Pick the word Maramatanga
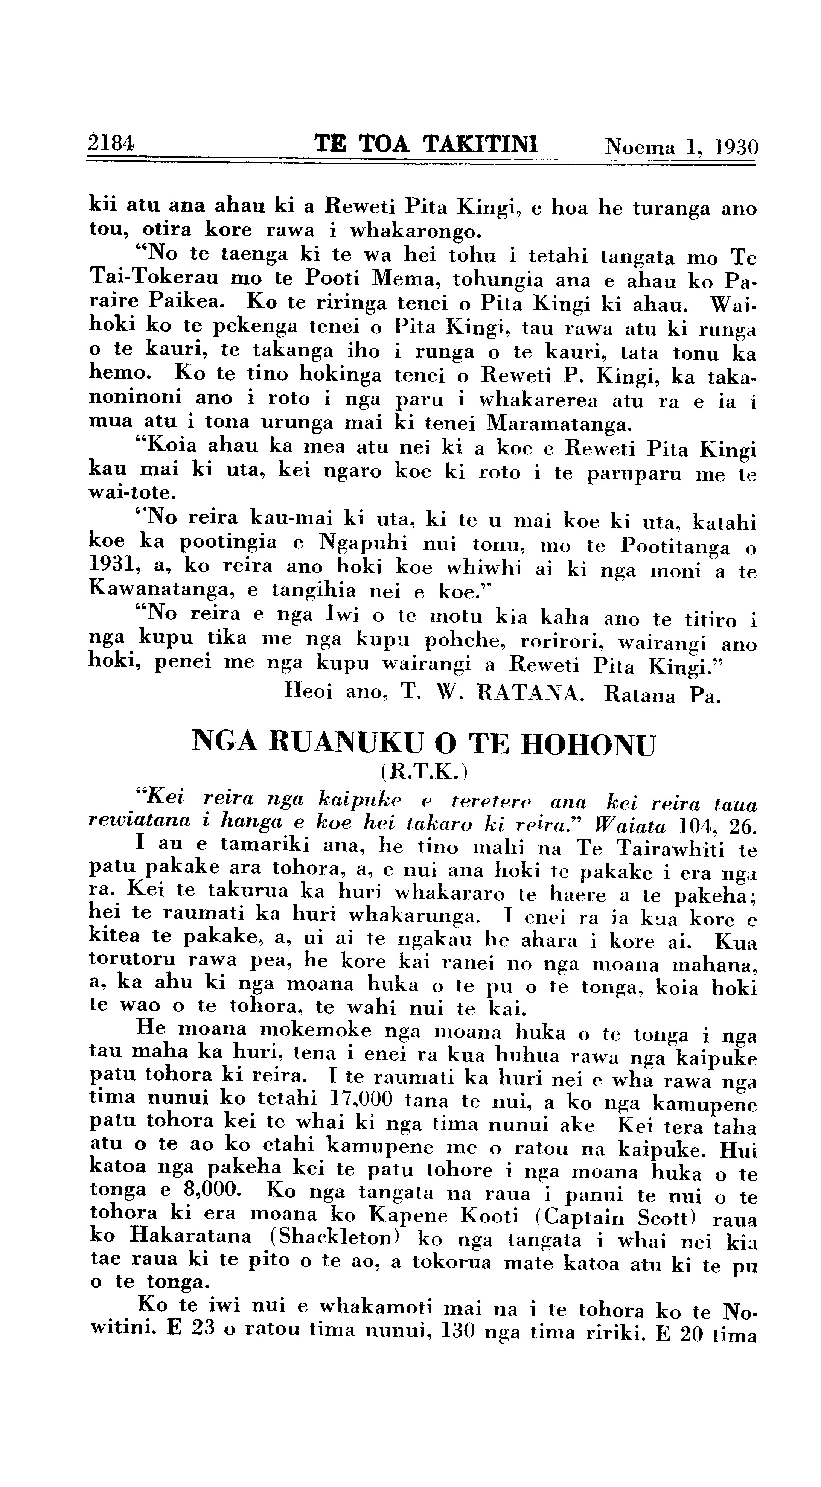pyautogui.click(x=558, y=424)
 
